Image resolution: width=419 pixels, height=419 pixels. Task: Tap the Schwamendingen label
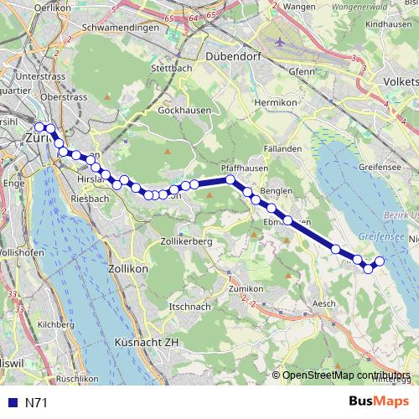point(122,27)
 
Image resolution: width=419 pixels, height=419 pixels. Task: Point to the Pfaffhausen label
point(245,167)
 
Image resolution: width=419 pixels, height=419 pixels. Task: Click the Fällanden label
point(282,148)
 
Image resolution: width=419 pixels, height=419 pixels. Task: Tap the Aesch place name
point(322,303)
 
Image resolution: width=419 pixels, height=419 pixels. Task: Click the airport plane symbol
point(278,39)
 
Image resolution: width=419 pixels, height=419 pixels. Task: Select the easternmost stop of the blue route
point(379,261)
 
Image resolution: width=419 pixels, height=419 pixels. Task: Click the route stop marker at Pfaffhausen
point(230,179)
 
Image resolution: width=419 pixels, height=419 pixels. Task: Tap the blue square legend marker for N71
point(11,403)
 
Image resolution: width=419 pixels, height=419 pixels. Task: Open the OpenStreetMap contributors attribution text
point(345,375)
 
